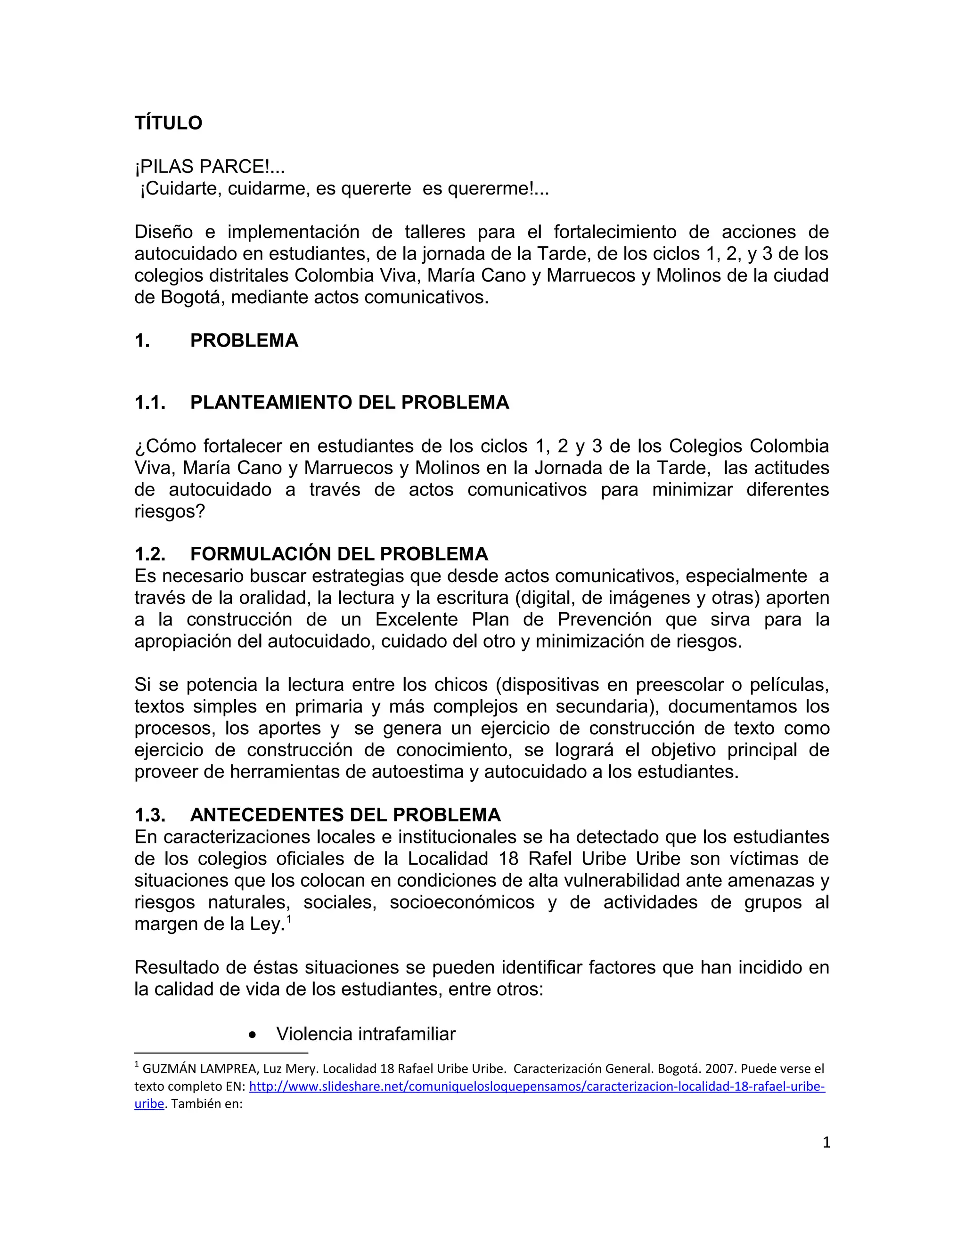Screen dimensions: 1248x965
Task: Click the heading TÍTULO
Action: [x=168, y=123]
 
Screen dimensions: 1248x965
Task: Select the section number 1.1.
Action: [x=150, y=403]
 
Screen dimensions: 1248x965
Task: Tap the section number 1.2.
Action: [x=150, y=554]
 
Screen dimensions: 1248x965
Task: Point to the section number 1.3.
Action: [x=150, y=814]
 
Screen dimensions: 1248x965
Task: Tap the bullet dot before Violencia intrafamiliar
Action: [x=253, y=1034]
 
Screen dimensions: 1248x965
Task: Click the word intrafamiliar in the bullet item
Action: [x=407, y=1034]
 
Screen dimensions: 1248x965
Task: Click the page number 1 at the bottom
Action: [x=826, y=1143]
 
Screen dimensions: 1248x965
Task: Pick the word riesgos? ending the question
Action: [x=169, y=511]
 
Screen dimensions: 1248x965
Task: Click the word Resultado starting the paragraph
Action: [x=175, y=967]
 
